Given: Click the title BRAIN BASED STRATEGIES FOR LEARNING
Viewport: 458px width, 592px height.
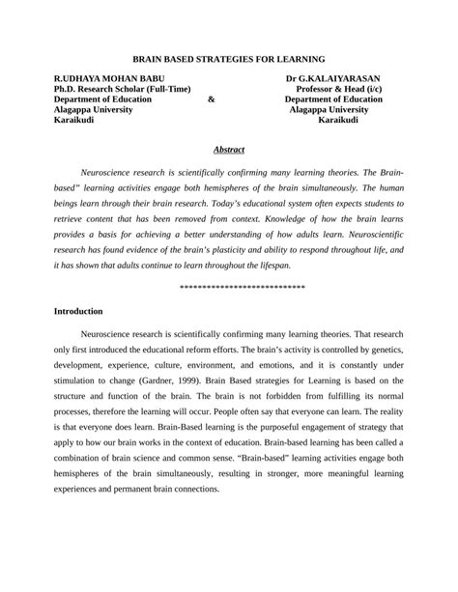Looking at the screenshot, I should click(x=228, y=59).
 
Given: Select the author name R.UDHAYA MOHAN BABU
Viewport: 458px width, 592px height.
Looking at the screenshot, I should click(x=109, y=77).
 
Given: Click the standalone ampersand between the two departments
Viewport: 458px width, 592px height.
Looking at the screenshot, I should click(x=212, y=99).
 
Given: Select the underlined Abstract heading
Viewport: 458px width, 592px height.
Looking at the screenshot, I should click(x=228, y=150).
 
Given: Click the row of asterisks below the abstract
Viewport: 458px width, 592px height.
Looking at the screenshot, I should click(x=243, y=288).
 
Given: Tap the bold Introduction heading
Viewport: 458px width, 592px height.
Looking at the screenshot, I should click(x=78, y=312).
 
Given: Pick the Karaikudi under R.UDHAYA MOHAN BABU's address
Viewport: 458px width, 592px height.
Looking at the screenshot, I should click(x=75, y=120).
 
